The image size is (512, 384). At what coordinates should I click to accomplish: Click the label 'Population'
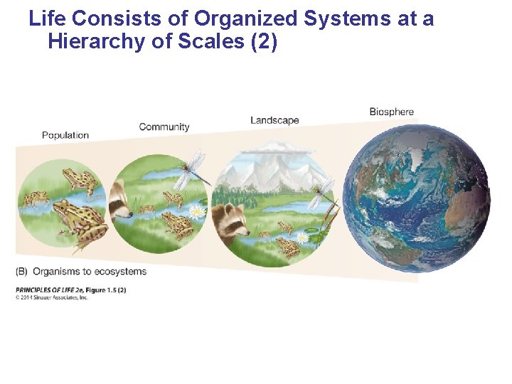point(65,135)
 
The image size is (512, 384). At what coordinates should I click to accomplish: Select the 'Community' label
point(164,127)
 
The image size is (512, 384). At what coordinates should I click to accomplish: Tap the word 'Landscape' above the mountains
point(274,120)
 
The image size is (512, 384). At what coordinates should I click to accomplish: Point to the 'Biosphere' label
point(391,112)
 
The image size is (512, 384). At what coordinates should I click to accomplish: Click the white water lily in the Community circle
point(197,210)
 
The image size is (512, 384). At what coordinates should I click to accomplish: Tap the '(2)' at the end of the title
point(262,42)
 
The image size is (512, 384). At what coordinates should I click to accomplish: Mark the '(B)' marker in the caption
point(22,271)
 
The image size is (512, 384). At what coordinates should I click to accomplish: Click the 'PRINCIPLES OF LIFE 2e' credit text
point(50,289)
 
